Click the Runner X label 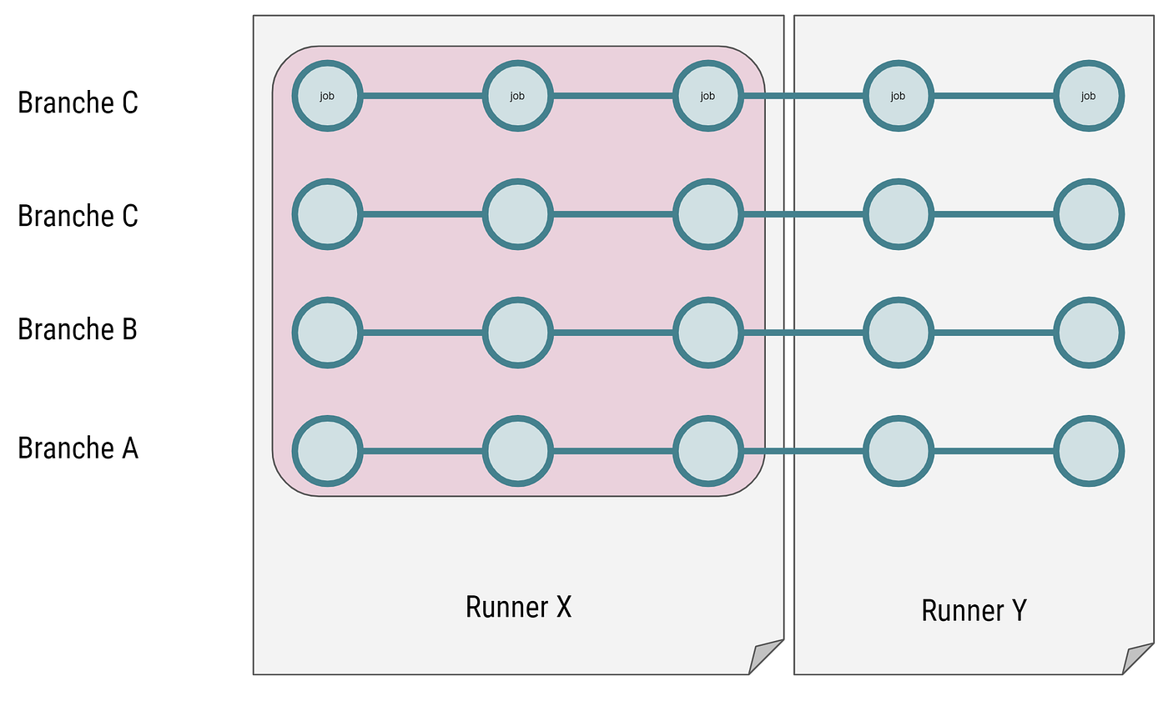point(518,607)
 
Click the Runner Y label point(974,610)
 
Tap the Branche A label point(78,448)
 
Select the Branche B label point(78,329)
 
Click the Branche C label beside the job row point(78,103)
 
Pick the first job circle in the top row point(327,96)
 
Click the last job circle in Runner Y point(1088,96)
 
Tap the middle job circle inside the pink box point(517,96)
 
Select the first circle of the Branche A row point(327,451)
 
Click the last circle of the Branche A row point(1088,451)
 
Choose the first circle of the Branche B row point(327,333)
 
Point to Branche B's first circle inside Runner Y point(898,333)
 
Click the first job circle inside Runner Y point(898,96)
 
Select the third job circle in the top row point(707,96)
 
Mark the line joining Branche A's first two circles point(422,451)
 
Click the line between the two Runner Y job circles point(993,96)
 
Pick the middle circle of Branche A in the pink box point(517,451)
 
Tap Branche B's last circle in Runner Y point(1088,333)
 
